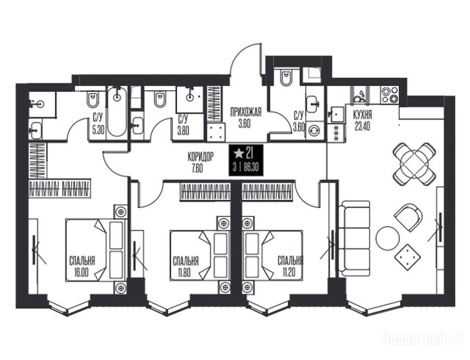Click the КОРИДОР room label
point(201,157)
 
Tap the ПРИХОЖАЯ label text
point(246,112)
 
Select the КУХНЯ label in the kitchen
point(362,114)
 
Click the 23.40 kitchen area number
point(362,127)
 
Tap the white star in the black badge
point(239,154)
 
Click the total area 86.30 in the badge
point(251,167)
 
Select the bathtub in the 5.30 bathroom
point(117,112)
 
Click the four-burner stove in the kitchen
point(390,95)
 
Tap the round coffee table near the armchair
point(388,238)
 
